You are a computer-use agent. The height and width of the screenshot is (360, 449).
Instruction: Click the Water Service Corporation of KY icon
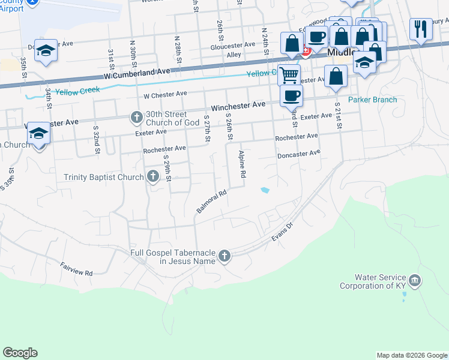pos(415,281)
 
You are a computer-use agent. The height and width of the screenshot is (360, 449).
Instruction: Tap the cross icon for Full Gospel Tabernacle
pos(224,256)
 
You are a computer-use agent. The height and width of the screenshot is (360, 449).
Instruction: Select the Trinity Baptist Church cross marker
pos(152,176)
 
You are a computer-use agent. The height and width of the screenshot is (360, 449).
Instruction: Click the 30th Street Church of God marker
pos(137,117)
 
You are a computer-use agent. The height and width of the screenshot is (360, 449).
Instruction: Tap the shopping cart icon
pos(289,75)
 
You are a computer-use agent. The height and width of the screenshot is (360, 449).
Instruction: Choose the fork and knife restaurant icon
pos(421,28)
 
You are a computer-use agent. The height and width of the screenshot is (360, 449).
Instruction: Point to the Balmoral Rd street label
pos(211,202)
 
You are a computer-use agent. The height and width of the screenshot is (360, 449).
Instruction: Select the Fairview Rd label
pos(76,269)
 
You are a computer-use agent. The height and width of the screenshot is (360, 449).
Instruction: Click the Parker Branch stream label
pos(373,100)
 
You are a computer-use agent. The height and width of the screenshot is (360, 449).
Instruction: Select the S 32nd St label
pos(95,140)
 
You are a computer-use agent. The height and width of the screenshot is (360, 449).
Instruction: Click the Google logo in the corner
pos(20,353)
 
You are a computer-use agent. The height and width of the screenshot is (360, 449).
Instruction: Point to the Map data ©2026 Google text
pos(411,355)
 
